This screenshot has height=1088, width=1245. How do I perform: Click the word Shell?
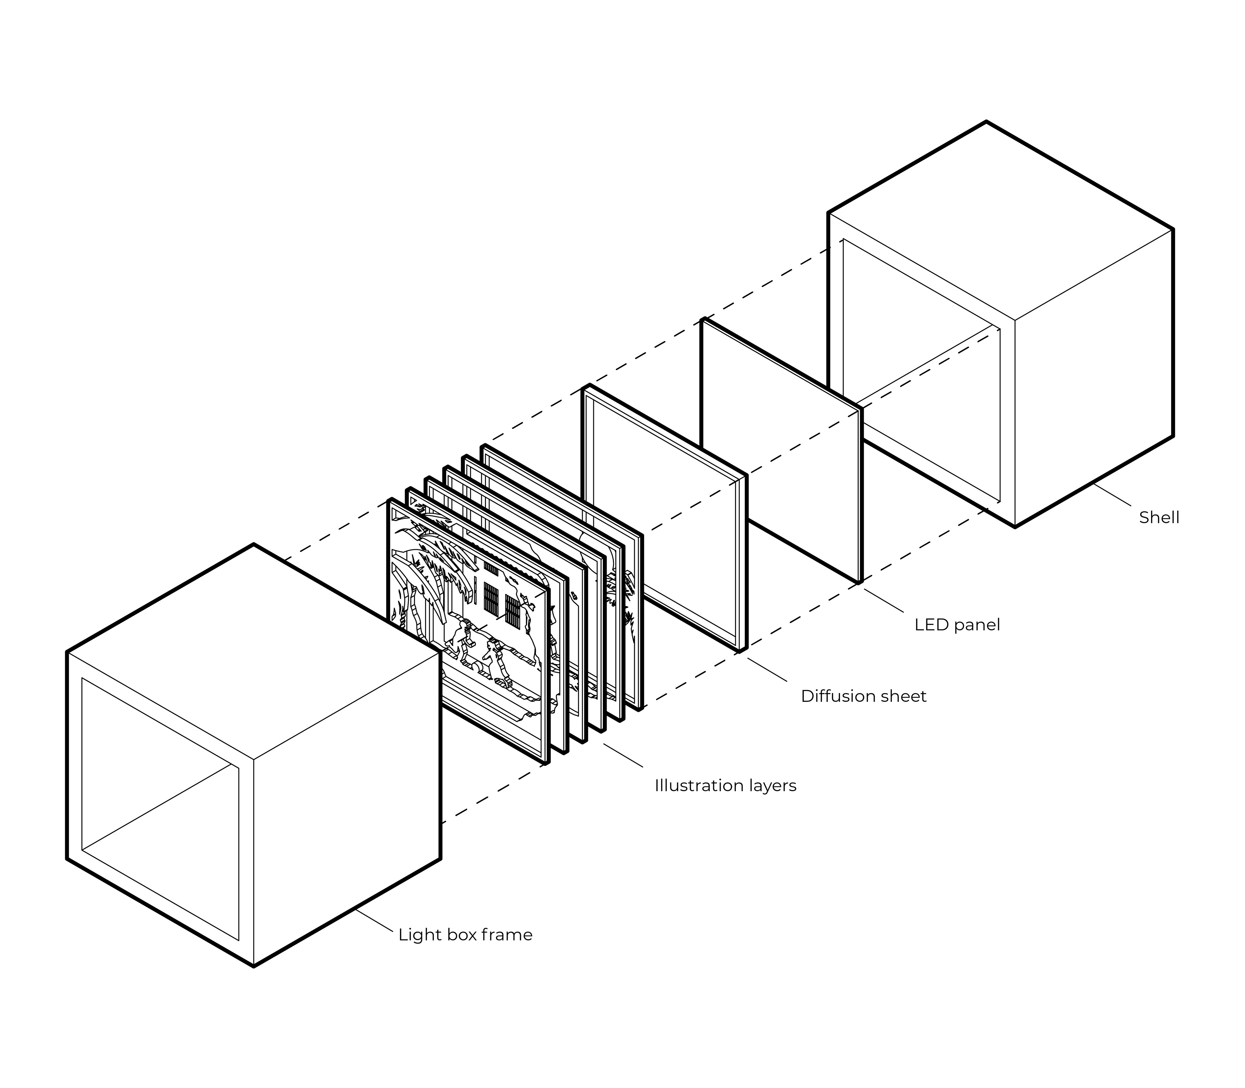coord(1159,517)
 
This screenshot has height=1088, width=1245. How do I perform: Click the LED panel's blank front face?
coord(781,449)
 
